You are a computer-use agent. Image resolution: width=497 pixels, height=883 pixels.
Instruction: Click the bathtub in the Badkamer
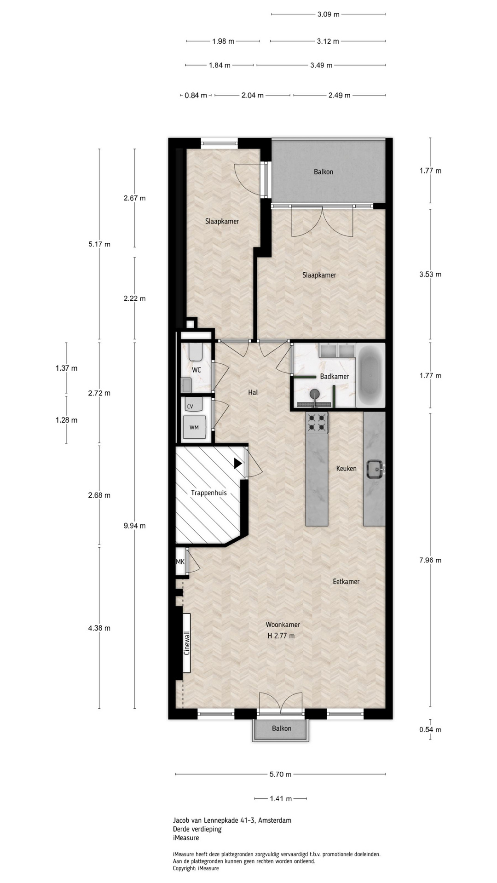(x=370, y=375)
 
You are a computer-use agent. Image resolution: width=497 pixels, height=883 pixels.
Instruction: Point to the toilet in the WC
(x=196, y=352)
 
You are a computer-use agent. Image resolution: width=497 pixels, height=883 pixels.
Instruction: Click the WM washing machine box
(x=194, y=427)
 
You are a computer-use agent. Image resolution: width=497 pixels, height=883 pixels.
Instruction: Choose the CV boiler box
(x=190, y=407)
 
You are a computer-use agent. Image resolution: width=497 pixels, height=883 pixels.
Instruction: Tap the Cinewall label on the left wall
(x=187, y=642)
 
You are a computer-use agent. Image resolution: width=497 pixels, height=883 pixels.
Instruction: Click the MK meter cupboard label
(x=180, y=562)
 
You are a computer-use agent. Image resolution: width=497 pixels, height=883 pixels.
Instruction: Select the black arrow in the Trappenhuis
(x=238, y=464)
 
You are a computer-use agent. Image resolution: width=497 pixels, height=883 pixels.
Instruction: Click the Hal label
(x=253, y=392)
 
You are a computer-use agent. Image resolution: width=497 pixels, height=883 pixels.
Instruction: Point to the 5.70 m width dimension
(x=280, y=774)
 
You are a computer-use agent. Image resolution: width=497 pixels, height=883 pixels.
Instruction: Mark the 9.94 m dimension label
(x=134, y=526)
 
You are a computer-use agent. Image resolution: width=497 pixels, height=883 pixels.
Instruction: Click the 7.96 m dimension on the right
(x=430, y=560)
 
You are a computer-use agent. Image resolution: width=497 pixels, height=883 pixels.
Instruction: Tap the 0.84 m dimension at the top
(x=196, y=95)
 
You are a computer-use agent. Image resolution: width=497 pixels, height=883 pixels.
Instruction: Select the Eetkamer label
(x=346, y=581)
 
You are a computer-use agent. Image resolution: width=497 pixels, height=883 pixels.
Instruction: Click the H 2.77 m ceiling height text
(x=281, y=636)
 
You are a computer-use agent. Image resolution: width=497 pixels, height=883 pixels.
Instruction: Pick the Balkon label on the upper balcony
(x=324, y=172)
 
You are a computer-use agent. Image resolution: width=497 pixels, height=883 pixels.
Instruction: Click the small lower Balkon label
(x=281, y=728)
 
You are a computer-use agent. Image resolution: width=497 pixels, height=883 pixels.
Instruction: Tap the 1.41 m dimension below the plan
(x=281, y=799)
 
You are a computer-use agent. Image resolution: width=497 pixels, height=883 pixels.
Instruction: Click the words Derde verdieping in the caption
(x=197, y=829)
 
